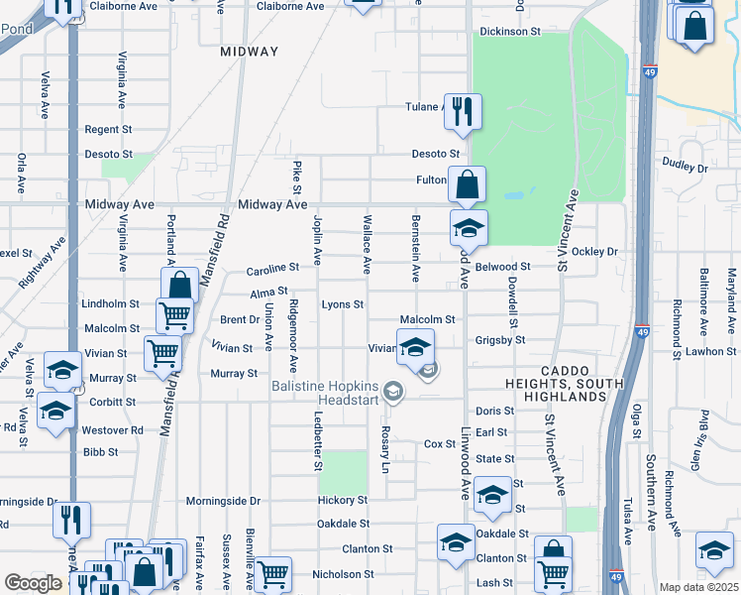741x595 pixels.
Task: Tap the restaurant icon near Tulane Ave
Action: tap(462, 111)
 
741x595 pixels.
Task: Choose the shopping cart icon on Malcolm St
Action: tap(174, 316)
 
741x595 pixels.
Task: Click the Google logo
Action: tap(33, 583)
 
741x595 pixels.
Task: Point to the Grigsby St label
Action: tap(498, 340)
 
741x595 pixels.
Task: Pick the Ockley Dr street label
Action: tap(594, 252)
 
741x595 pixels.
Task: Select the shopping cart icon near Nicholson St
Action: tap(272, 572)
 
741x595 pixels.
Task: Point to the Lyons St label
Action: tap(342, 304)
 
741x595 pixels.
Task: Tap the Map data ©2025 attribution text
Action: tap(698, 587)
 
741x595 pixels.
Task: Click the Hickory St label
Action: tap(343, 500)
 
